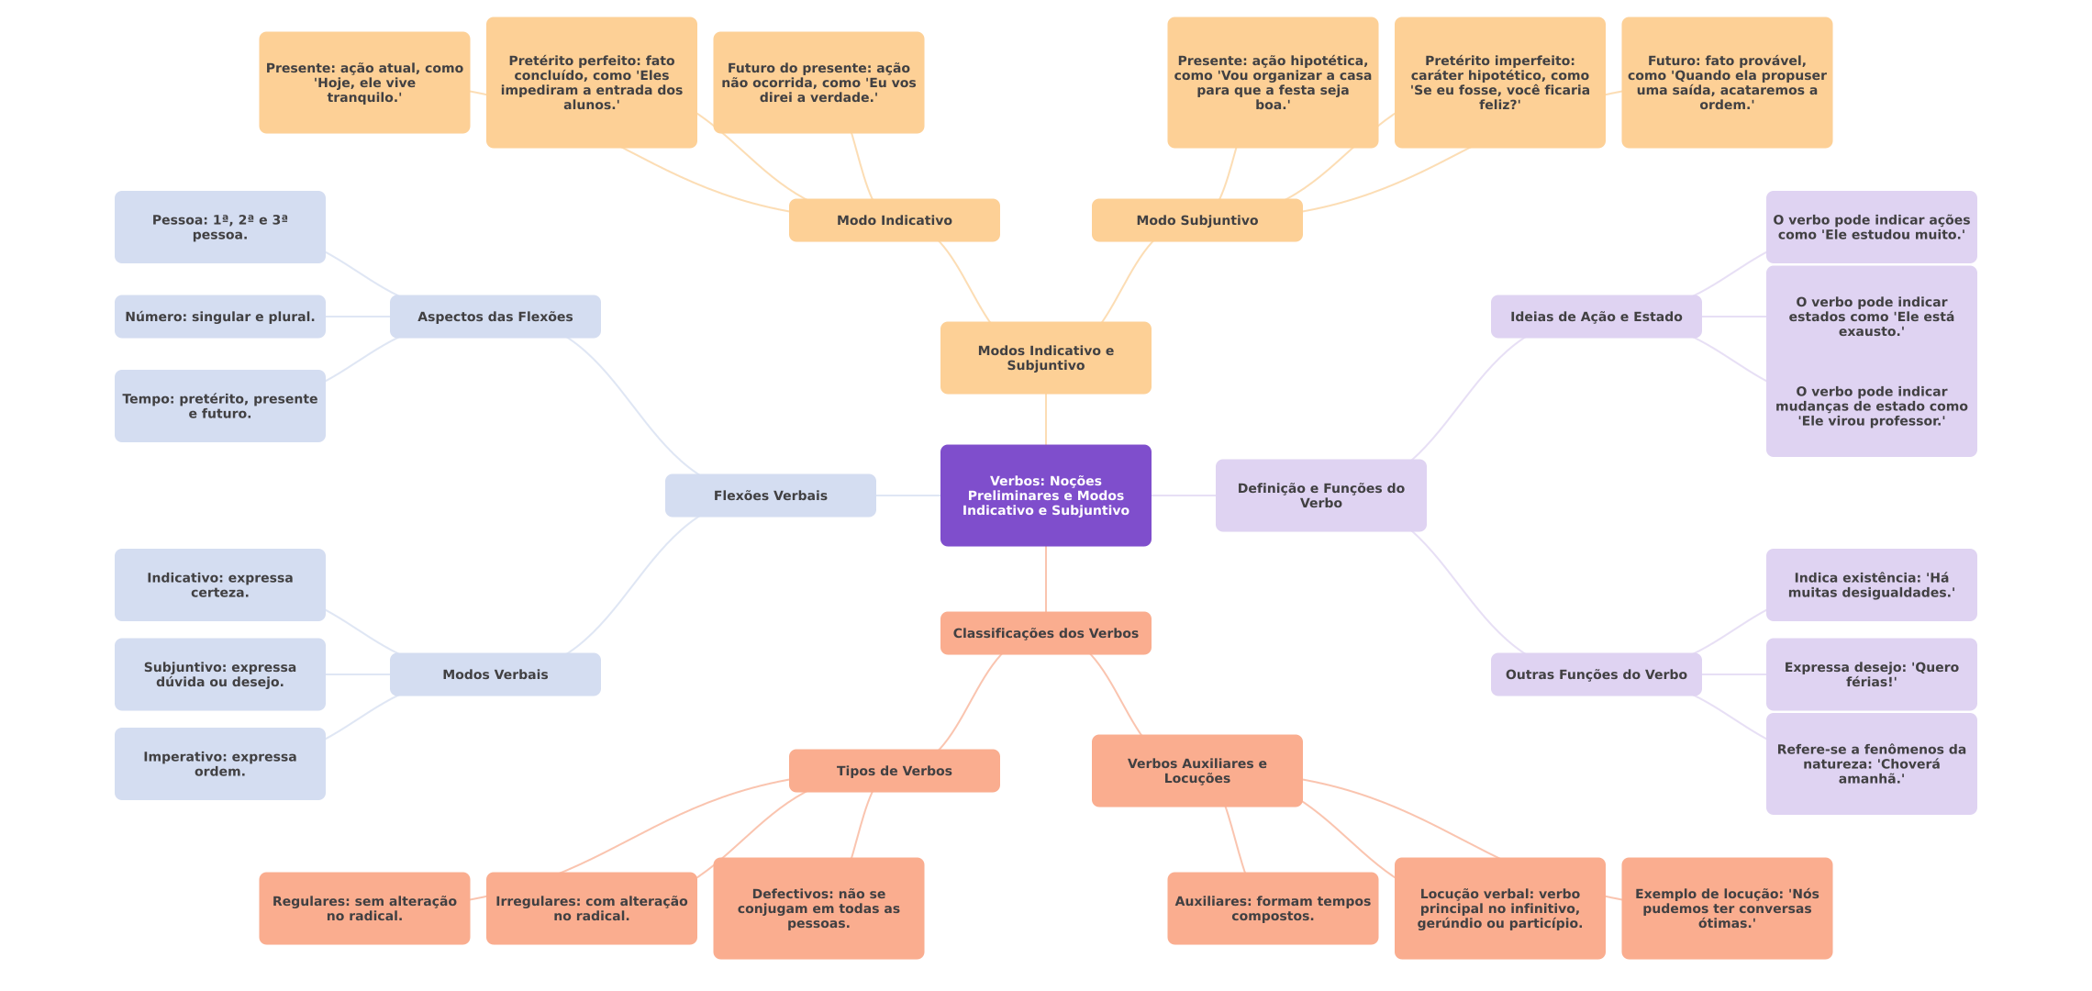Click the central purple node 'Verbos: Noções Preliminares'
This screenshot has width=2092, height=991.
pyautogui.click(x=1045, y=495)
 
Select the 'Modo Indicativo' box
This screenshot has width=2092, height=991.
pyautogui.click(x=894, y=220)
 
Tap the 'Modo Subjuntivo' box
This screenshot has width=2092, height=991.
pyautogui.click(x=1196, y=220)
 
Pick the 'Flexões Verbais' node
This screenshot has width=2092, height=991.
pyautogui.click(x=770, y=495)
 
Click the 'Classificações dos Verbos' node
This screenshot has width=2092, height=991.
pyautogui.click(x=1045, y=633)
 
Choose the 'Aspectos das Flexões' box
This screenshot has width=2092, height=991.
pyautogui.click(x=495, y=317)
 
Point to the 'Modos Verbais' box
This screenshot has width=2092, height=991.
pyautogui.click(x=495, y=674)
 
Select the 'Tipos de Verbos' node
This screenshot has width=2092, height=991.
pyautogui.click(x=894, y=771)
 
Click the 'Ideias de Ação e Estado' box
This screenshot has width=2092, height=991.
pyautogui.click(x=1596, y=317)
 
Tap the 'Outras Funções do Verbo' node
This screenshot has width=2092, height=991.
pyautogui.click(x=1596, y=674)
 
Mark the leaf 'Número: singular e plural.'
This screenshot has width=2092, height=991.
pyautogui.click(x=219, y=317)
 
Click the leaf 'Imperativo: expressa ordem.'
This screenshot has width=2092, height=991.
pyautogui.click(x=219, y=763)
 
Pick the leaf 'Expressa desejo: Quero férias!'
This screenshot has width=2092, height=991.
pyautogui.click(x=1871, y=674)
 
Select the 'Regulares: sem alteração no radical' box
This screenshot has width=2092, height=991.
pyautogui.click(x=364, y=908)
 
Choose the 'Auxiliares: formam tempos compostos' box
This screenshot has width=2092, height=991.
pyautogui.click(x=1273, y=908)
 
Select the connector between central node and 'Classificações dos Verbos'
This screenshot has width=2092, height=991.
pyautogui.click(x=1046, y=579)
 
